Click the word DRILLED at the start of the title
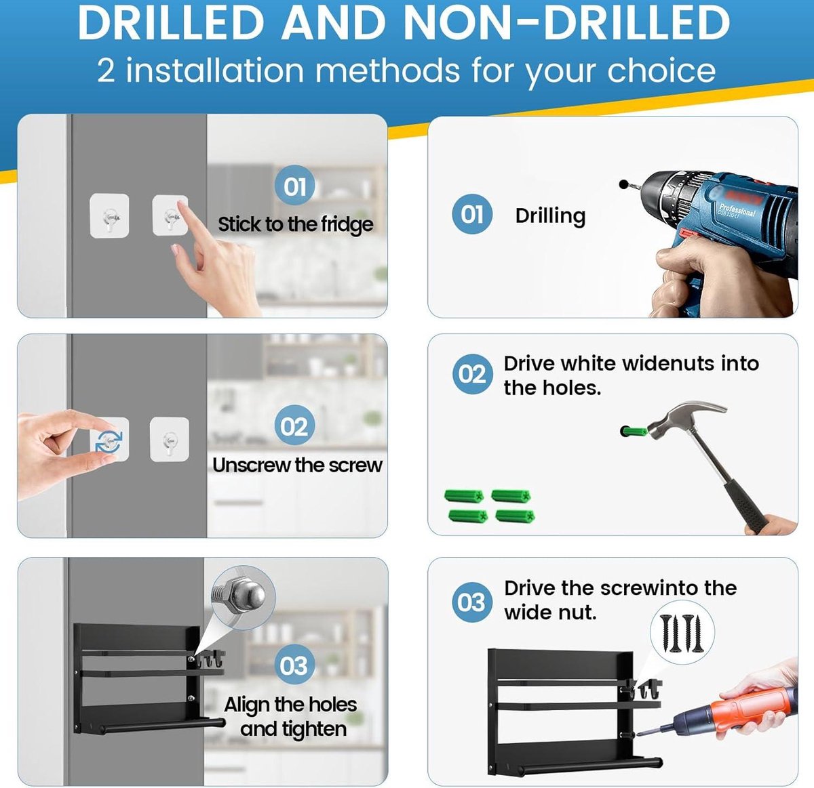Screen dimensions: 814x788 [171, 23]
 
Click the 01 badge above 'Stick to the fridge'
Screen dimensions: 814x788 [295, 185]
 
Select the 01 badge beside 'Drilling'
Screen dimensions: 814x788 [472, 214]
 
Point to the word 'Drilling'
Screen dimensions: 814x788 [550, 216]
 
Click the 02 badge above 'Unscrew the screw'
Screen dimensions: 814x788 [294, 425]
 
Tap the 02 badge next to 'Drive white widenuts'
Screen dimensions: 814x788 [472, 374]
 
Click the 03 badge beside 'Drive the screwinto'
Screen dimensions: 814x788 [472, 602]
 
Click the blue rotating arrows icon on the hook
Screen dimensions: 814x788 [109, 442]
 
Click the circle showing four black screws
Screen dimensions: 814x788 [682, 633]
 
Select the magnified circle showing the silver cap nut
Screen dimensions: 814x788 [243, 598]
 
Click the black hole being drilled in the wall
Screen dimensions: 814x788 [623, 184]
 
